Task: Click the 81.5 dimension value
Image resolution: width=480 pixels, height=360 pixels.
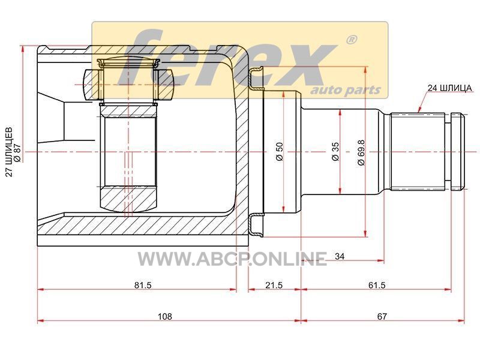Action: pos(143,285)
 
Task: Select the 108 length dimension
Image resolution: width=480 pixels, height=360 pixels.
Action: pos(164,316)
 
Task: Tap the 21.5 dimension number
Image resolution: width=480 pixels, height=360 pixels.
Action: pos(274,285)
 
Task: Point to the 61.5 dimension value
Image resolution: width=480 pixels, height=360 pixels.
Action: pos(377,285)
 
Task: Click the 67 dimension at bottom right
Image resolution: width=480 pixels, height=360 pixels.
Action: pos(382,316)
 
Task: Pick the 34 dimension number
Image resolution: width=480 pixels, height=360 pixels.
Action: pos(340,256)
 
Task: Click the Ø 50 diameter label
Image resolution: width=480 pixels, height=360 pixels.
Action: pos(280,152)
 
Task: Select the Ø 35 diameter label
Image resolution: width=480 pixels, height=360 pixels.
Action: pos(335,151)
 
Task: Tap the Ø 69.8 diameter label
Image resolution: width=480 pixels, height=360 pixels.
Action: pos(361,152)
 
